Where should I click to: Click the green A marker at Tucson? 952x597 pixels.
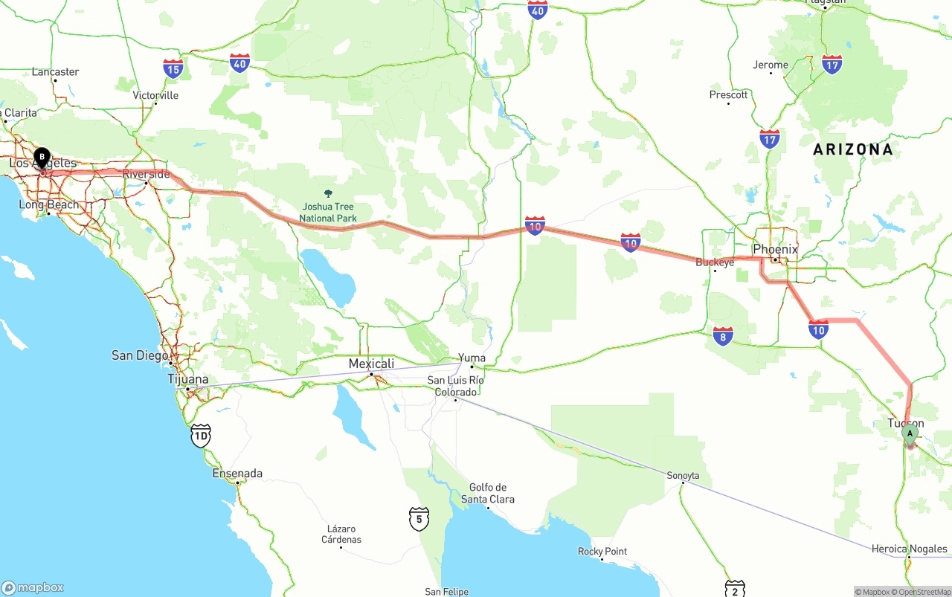[909, 433]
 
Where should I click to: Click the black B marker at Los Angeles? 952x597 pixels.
[42, 158]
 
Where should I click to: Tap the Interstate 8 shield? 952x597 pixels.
[722, 335]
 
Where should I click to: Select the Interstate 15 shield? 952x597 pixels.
[173, 69]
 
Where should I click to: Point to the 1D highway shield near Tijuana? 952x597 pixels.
[200, 435]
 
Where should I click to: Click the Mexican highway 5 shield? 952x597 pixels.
[419, 518]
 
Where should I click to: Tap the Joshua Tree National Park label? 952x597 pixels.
[328, 213]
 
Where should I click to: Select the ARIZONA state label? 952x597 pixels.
[852, 149]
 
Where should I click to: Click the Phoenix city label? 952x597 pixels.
[775, 249]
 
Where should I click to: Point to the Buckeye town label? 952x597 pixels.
[715, 262]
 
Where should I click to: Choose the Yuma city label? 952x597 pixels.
[472, 358]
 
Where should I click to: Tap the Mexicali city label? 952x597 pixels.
[371, 364]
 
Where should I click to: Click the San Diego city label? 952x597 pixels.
[140, 355]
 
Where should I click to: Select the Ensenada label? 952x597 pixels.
[237, 474]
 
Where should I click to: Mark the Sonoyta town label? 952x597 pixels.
[683, 475]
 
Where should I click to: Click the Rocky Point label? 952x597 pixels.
[602, 552]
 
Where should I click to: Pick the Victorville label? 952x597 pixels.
[155, 95]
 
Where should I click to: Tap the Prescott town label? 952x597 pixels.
[728, 94]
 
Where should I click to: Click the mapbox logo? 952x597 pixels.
[33, 587]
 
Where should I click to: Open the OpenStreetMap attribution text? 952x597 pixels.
[924, 592]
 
